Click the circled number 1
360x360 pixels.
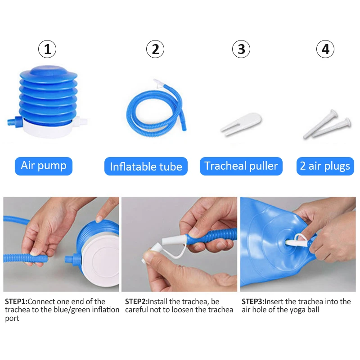point(47,49)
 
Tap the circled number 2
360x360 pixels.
point(155,49)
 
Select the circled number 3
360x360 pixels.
point(241,49)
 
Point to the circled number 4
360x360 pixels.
point(325,49)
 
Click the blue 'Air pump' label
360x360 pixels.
point(43,166)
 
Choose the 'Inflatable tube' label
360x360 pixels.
point(146,166)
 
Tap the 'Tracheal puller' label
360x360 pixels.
point(241,166)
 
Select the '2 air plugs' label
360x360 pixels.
point(325,166)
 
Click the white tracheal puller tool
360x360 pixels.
point(240,123)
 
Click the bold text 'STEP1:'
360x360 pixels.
point(16,301)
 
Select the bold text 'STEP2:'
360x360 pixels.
point(136,301)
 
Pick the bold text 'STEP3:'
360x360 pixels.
point(253,301)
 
